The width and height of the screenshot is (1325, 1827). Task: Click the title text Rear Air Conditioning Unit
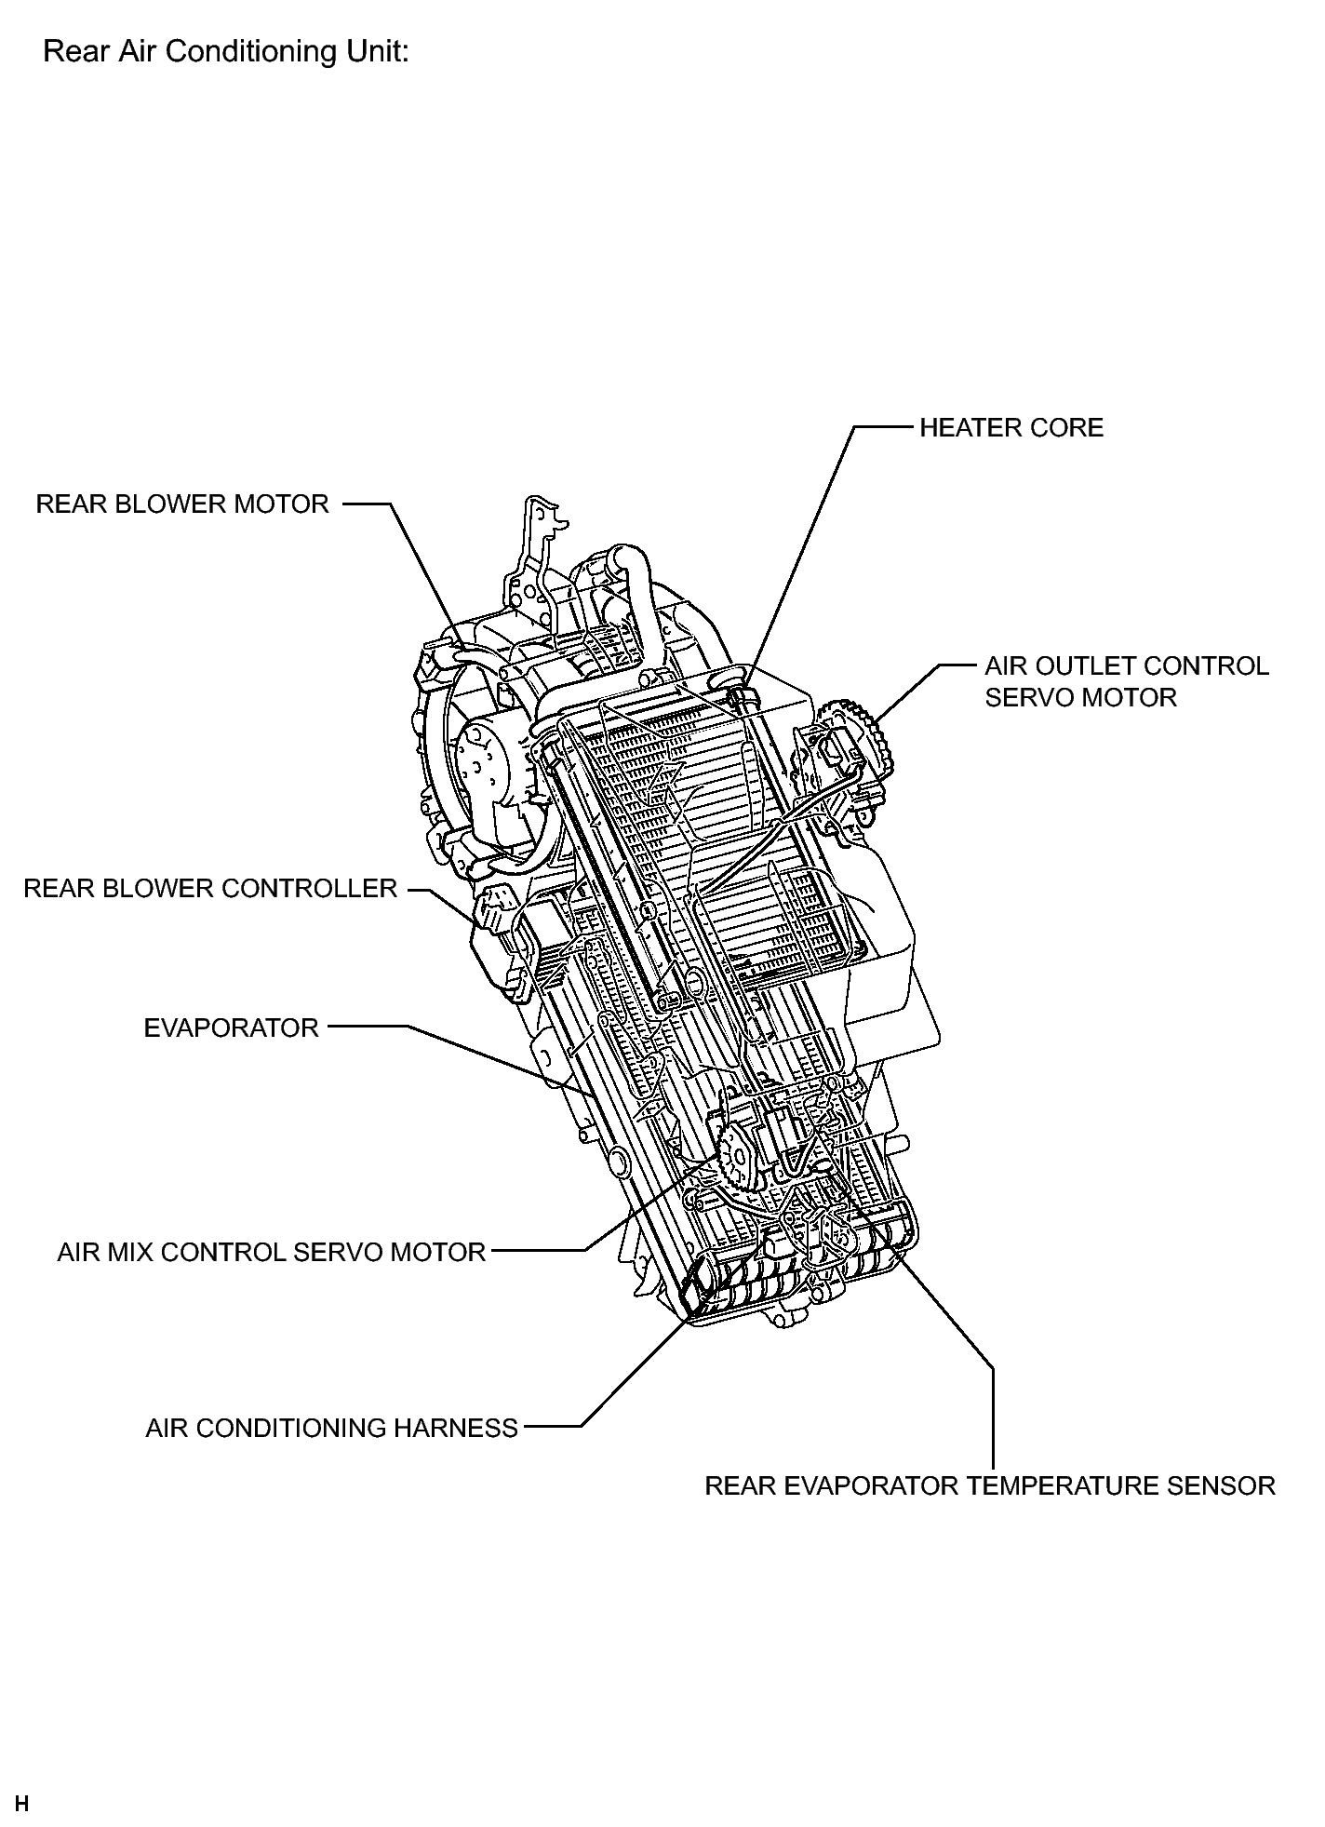226,51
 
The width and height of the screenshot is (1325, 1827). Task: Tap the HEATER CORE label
1011,428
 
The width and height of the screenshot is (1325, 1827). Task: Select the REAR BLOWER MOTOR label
182,504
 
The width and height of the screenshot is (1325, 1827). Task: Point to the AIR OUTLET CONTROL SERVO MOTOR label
1127,681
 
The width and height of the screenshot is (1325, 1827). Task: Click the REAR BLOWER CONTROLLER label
210,889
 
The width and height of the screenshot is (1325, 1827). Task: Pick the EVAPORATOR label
231,1028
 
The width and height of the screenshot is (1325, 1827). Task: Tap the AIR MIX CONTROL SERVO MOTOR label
272,1253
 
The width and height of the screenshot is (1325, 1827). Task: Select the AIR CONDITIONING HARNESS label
331,1429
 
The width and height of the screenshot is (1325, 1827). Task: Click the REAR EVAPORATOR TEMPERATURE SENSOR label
990,1486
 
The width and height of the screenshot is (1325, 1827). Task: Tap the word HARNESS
458,1429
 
